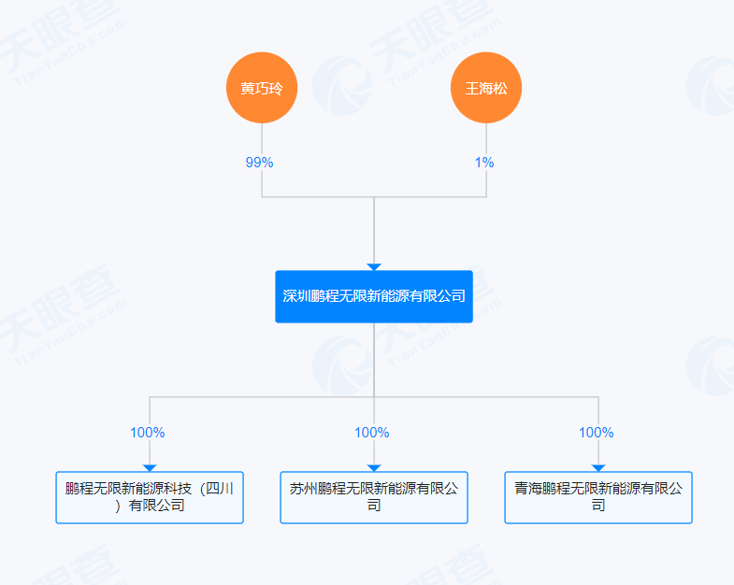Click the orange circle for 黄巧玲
pos(262,89)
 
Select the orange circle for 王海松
pos(486,89)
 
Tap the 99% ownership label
pos(259,163)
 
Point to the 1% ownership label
pos(484,163)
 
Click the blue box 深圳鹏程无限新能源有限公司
pos(374,296)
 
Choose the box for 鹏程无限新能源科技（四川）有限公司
pos(150,497)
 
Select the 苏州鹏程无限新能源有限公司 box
pos(374,497)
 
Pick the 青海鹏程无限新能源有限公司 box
pos(598,497)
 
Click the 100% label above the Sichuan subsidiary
pos(148,433)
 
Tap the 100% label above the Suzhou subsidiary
pos(372,433)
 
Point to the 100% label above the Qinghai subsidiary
pos(597,433)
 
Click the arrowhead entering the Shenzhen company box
pos(374,267)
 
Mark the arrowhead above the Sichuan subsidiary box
pos(150,467)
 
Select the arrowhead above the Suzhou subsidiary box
pos(374,467)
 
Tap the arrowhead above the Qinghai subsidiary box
pos(598,467)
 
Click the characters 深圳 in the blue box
pos(296,296)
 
